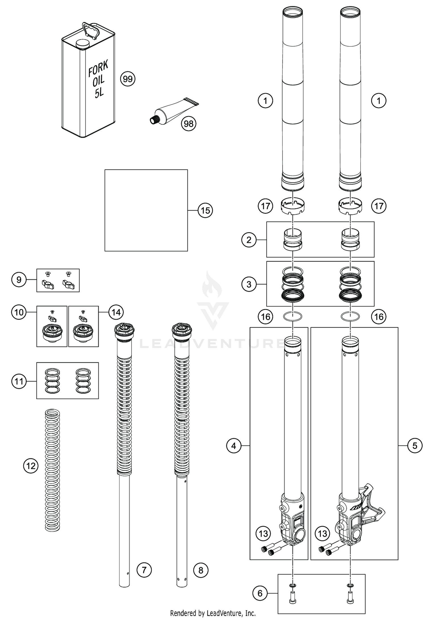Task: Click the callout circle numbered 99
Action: click(128, 79)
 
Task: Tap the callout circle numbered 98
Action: click(189, 123)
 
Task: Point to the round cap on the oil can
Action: click(83, 44)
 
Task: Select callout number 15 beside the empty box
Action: click(205, 210)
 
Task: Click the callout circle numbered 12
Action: click(31, 466)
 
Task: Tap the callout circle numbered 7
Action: click(144, 570)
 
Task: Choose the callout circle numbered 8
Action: click(201, 570)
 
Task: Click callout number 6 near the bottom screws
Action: click(260, 593)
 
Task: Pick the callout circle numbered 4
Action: click(234, 446)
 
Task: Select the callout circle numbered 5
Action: click(415, 446)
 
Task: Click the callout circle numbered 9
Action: click(19, 280)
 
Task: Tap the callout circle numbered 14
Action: click(116, 312)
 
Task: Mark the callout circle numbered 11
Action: click(19, 381)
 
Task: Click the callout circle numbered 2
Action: click(249, 240)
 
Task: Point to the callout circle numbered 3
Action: click(249, 284)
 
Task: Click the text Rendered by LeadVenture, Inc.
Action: click(213, 613)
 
